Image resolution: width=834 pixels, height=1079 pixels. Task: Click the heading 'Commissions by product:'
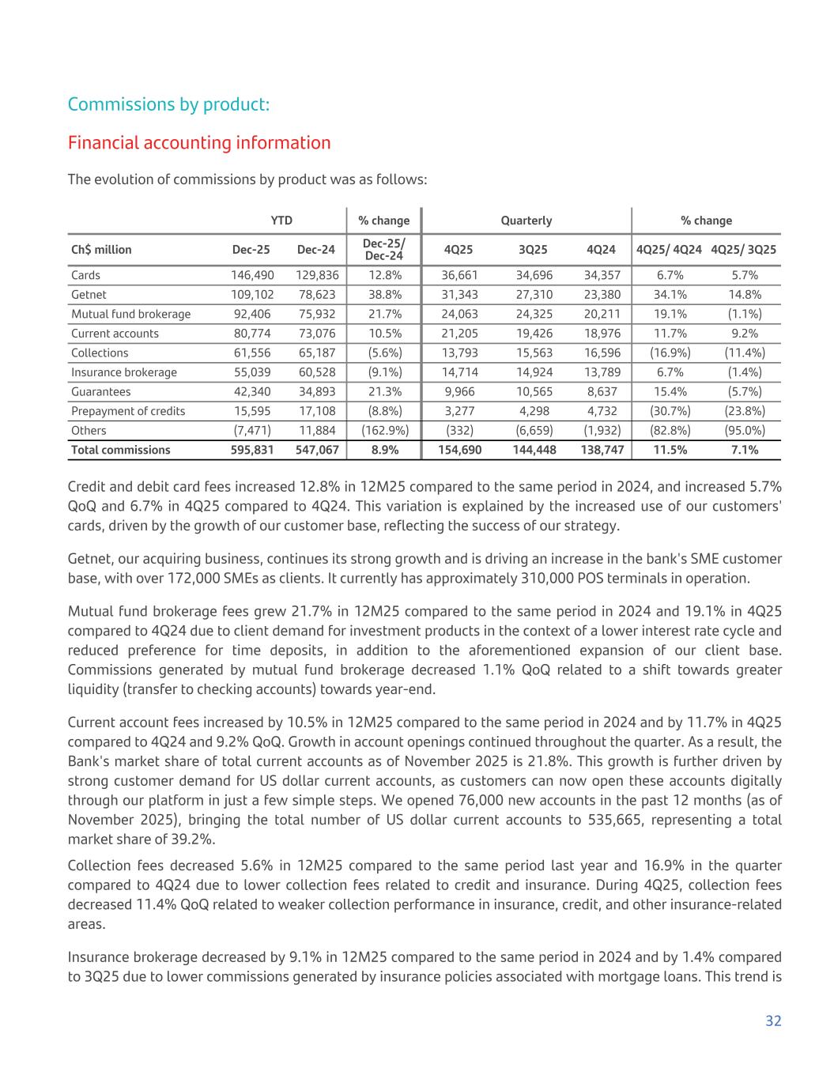[168, 104]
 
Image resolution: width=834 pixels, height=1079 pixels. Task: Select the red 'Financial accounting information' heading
[199, 143]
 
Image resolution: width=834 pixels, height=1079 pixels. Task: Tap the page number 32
[773, 1021]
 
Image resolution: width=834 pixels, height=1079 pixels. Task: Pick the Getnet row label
[89, 294]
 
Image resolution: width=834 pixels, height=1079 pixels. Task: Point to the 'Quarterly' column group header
[526, 221]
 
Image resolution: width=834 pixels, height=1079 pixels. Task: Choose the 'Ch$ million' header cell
[101, 250]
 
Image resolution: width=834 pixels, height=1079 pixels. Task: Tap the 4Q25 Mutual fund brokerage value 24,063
[459, 314]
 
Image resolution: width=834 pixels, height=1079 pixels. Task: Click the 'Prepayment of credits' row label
[128, 411]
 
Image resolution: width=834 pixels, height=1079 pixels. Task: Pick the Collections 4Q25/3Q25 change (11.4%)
[743, 353]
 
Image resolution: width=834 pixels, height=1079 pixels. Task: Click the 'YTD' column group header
[281, 221]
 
